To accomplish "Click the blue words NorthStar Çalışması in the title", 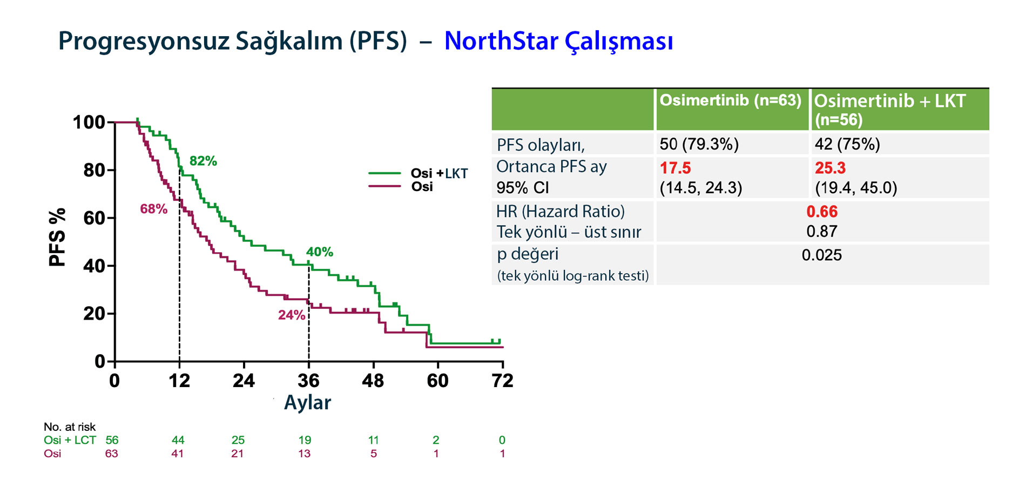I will click(558, 42).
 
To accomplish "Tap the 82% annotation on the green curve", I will click(203, 161).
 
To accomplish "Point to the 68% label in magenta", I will click(153, 209).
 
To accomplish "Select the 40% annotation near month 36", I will click(319, 252).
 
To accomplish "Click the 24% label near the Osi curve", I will click(292, 315).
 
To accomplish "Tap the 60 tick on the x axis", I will click(437, 381).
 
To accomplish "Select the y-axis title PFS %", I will click(57, 237).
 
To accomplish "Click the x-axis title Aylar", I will click(307, 402).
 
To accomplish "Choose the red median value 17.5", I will click(675, 168).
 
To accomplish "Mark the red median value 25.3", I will click(830, 168).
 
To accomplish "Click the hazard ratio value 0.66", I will click(822, 212).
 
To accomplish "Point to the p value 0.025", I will click(821, 255).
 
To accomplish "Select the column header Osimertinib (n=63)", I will click(730, 101).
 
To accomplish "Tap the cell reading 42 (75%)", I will click(847, 144).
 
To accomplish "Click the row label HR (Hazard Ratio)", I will click(561, 211).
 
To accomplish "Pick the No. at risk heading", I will click(70, 427).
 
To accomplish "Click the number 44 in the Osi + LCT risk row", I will click(178, 440).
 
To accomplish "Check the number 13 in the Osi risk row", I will click(305, 454).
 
